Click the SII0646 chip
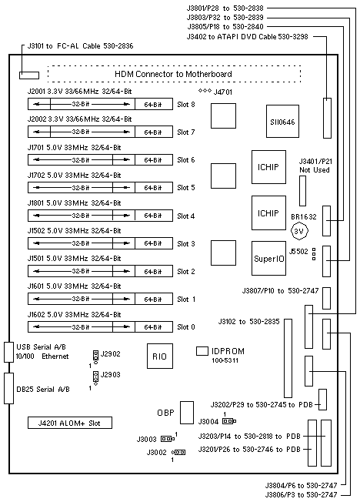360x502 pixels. tap(282, 122)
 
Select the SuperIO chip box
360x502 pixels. tap(268, 259)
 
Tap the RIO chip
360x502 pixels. tap(160, 356)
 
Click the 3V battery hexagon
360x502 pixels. tap(299, 231)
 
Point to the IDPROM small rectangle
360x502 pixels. tap(202, 351)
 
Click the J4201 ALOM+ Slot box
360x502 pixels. tap(70, 423)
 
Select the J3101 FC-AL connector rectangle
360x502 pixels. tap(29, 75)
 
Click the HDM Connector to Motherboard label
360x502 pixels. tap(173, 74)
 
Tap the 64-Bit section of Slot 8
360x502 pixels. tap(154, 104)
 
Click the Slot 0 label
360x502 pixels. tap(186, 327)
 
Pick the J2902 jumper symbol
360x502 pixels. tap(95, 356)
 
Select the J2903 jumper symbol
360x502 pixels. tap(95, 378)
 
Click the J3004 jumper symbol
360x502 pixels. tap(229, 421)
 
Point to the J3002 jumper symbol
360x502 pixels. tap(178, 453)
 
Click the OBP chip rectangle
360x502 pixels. tap(187, 413)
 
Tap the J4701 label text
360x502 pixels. tap(223, 92)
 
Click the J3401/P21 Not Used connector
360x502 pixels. tap(302, 191)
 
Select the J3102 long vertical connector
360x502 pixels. tap(288, 358)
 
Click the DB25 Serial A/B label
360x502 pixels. tap(43, 390)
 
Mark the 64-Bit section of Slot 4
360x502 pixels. tap(154, 216)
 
